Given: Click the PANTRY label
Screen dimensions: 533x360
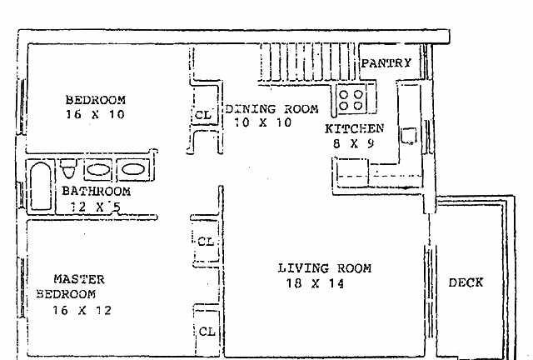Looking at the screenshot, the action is click(386, 63).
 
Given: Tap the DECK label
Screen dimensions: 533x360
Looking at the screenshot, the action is click(466, 282).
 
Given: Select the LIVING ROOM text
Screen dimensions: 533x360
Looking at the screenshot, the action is click(325, 268).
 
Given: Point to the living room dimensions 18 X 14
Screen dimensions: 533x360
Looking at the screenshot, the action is click(315, 283).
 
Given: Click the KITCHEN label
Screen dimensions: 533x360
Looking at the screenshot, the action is click(354, 128).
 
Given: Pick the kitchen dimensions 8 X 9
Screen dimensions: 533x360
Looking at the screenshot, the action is click(353, 143).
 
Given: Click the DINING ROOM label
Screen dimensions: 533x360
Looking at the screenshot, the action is click(272, 109).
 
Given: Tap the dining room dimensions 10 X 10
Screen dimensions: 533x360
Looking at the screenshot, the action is click(263, 122).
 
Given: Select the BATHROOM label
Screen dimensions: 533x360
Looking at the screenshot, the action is click(97, 191).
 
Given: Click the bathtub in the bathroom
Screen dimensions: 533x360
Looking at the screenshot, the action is click(41, 186).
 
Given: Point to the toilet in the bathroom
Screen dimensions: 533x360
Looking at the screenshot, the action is click(68, 169).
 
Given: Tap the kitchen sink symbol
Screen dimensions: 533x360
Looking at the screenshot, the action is click(409, 136).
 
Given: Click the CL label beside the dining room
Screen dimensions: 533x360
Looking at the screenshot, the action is click(203, 115).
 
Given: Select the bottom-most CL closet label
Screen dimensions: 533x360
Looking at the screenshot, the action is click(207, 332).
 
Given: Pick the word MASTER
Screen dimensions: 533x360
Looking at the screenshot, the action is click(79, 279).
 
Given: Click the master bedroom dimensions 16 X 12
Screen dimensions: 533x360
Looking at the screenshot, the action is click(82, 310).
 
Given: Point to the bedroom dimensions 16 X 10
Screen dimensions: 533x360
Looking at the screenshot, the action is click(95, 114).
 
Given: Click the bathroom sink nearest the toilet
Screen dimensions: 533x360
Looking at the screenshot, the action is click(98, 169).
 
